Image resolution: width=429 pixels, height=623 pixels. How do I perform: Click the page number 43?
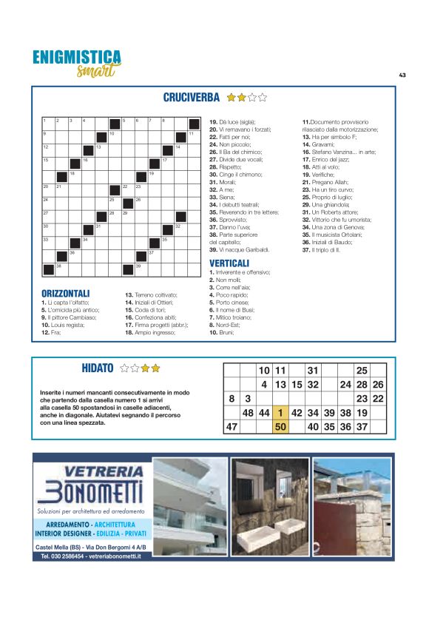click(x=402, y=75)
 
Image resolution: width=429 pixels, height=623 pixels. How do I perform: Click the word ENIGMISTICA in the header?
click(x=77, y=57)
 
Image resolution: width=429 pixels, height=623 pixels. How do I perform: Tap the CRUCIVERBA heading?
click(x=191, y=97)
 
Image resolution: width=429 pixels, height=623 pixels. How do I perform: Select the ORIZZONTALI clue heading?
click(x=66, y=294)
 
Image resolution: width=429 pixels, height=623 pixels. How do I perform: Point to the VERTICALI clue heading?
click(x=229, y=263)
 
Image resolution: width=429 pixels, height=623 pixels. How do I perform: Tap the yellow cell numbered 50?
click(x=280, y=426)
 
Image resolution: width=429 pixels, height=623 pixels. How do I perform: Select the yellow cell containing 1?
click(x=280, y=412)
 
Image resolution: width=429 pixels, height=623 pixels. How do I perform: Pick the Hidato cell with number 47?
click(x=232, y=426)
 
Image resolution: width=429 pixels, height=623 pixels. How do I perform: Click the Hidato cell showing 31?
click(x=313, y=370)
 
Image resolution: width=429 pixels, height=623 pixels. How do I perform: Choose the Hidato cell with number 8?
click(x=232, y=398)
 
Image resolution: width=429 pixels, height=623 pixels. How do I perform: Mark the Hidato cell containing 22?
click(x=378, y=398)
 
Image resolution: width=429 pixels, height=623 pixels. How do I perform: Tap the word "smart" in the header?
click(x=95, y=72)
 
